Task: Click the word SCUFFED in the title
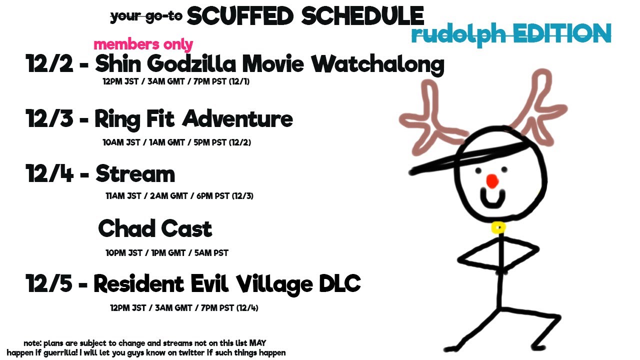point(240,16)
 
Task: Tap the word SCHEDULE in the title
point(362,16)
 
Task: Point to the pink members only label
point(143,45)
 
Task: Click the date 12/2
point(49,63)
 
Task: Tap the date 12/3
point(49,118)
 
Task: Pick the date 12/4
point(49,173)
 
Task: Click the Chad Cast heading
point(155,228)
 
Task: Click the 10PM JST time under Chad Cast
point(124,253)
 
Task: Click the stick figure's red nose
point(492,181)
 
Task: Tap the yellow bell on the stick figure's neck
point(498,227)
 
